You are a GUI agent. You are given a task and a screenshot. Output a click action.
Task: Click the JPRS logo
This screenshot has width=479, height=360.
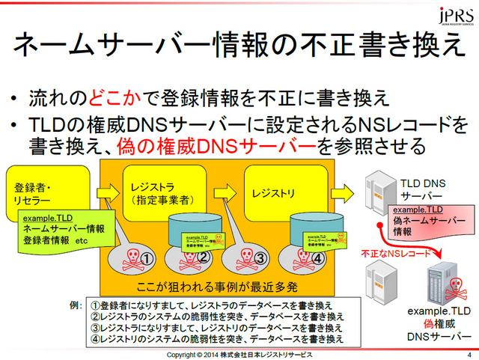(x=454, y=16)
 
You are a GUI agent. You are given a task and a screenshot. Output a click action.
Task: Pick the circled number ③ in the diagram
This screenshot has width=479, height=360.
(x=260, y=259)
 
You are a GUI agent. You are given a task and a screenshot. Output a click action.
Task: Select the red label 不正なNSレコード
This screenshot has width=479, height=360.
(x=395, y=254)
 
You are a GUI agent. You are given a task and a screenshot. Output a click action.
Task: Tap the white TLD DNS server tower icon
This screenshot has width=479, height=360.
(x=376, y=195)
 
